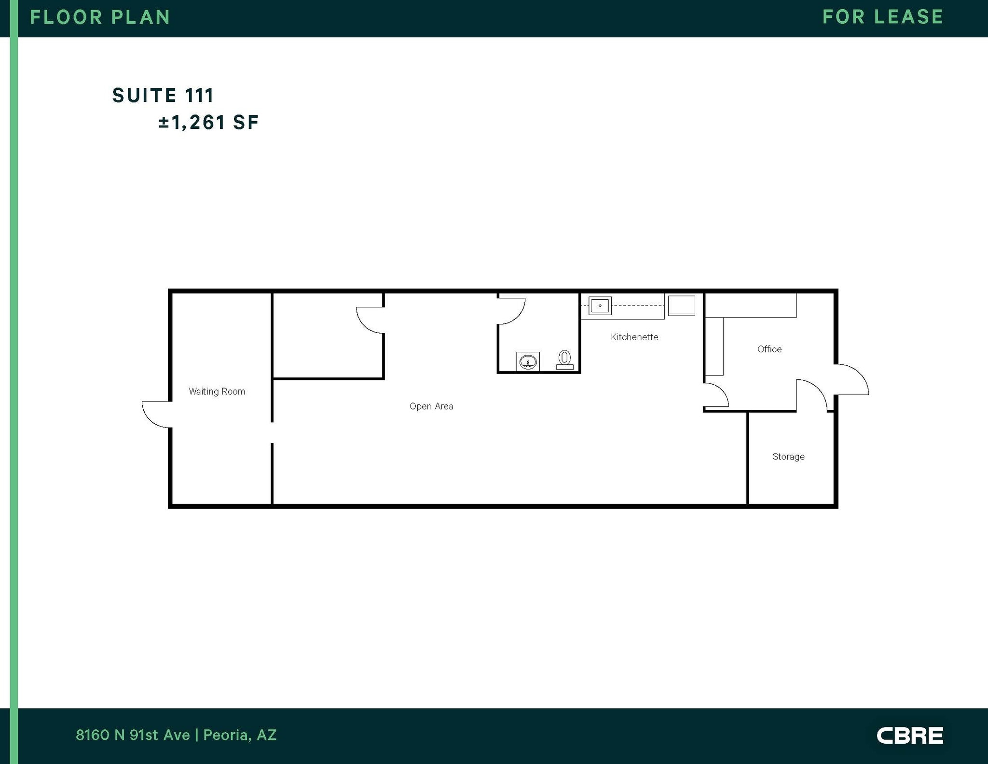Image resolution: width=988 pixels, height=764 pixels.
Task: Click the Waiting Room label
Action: [217, 391]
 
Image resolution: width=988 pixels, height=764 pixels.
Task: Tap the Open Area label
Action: [431, 406]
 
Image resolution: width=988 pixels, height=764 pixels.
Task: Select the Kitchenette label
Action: [634, 337]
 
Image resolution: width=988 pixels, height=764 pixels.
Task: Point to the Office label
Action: [769, 349]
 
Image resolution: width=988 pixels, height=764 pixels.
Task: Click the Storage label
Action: [788, 457]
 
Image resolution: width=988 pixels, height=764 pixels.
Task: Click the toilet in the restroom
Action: [564, 360]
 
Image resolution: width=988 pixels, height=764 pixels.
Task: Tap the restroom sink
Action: [528, 361]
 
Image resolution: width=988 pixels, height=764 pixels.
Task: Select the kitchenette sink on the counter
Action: [600, 306]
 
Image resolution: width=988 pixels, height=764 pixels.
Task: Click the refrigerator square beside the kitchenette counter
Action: [681, 306]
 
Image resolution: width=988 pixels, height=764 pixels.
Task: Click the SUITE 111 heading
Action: [163, 96]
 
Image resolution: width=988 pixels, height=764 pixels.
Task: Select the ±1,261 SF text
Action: [208, 123]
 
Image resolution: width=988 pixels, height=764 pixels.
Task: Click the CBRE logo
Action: [909, 736]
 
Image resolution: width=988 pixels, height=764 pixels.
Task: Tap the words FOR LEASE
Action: [883, 17]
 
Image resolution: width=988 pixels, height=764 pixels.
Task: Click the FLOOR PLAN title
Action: [100, 17]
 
